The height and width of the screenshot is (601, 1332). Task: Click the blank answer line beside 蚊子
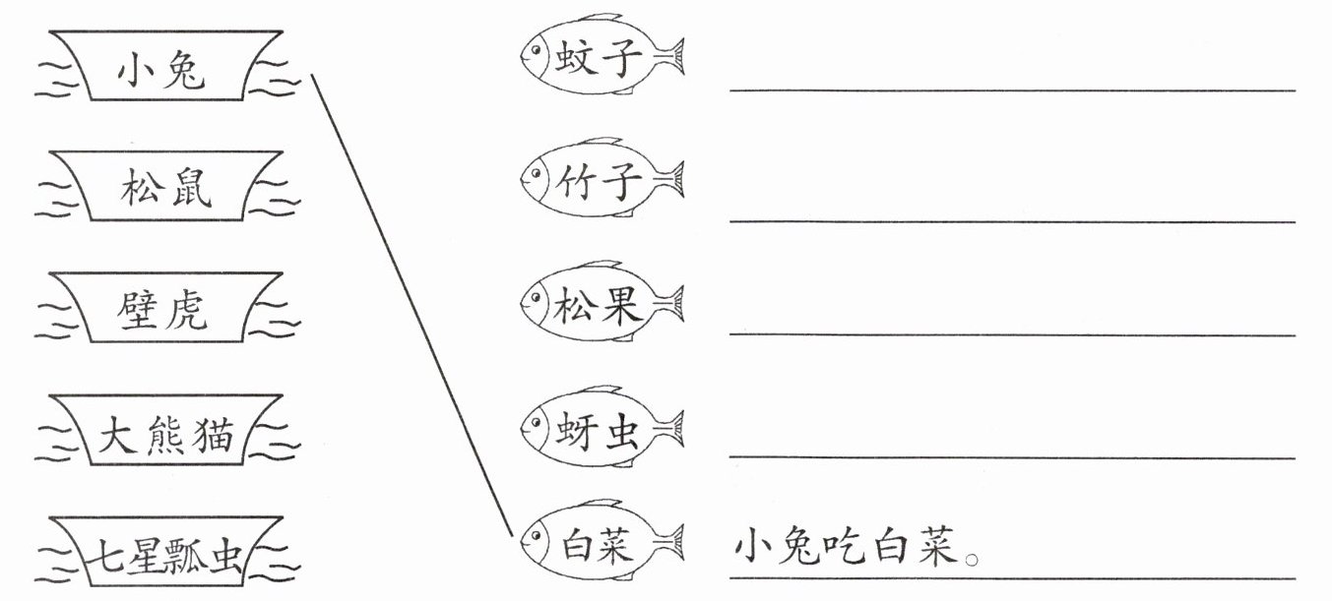1012,90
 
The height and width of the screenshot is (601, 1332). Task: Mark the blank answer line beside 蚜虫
1012,457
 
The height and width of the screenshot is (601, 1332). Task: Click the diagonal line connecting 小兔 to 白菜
412,305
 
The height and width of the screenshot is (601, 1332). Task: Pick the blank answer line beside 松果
1012,335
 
